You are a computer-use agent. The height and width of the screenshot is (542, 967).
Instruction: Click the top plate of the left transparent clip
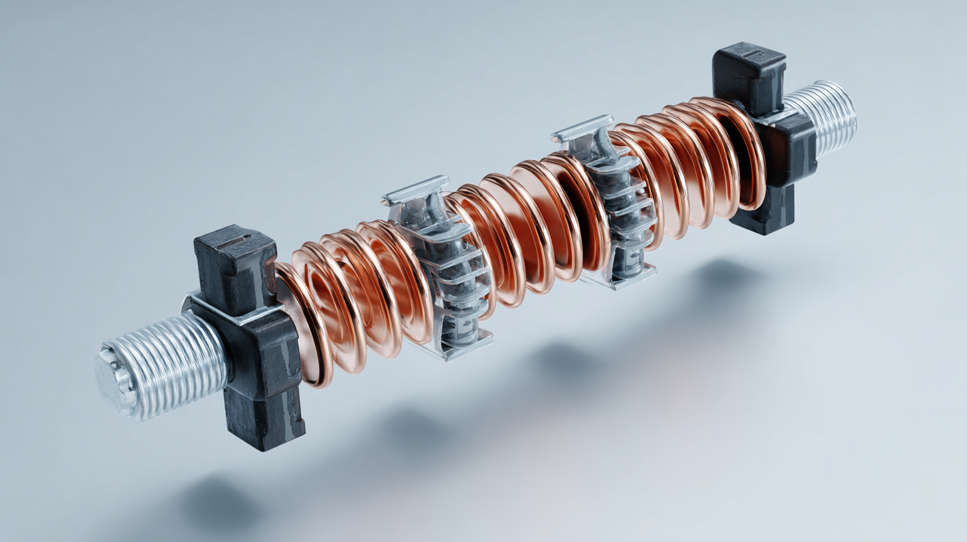click(x=416, y=189)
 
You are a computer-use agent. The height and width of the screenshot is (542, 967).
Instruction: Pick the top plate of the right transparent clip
click(x=582, y=128)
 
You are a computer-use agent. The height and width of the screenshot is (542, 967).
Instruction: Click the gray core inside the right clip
click(x=621, y=219)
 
